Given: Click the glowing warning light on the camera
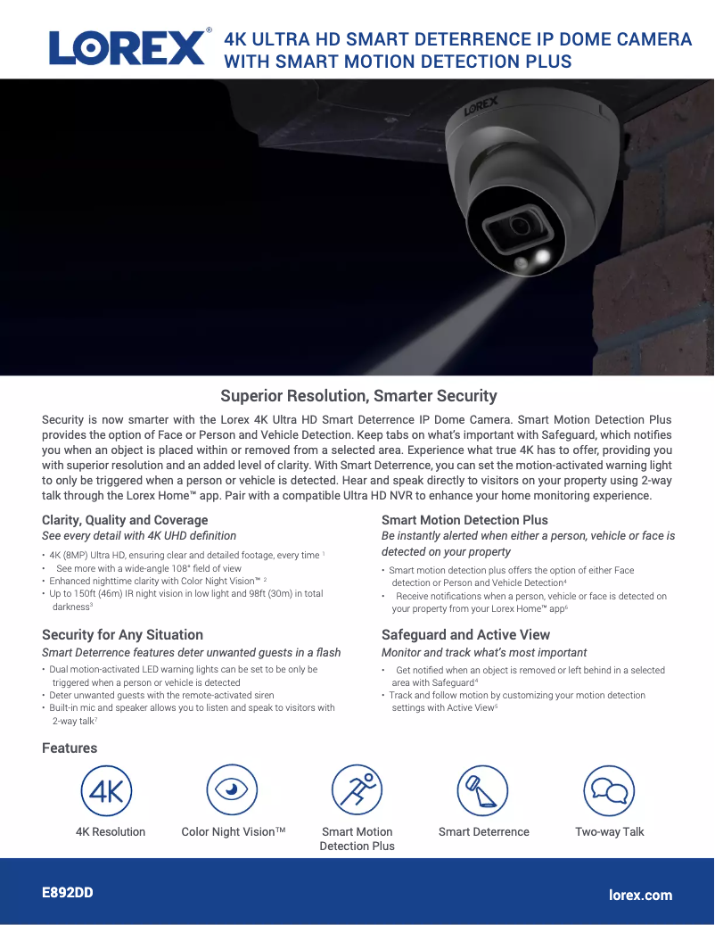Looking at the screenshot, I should [x=540, y=259].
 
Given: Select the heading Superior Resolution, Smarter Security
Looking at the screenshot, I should [x=358, y=396].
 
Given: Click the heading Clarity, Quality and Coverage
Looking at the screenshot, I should [x=125, y=520].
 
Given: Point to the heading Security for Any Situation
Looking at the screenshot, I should [x=122, y=635].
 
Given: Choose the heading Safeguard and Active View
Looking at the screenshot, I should [x=465, y=635].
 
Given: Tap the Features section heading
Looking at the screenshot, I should [x=70, y=748].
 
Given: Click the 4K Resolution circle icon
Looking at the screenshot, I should [x=107, y=790].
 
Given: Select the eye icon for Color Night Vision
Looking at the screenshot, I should [x=232, y=790].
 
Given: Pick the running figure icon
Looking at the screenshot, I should [x=357, y=790].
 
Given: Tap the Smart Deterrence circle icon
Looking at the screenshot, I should [x=482, y=790].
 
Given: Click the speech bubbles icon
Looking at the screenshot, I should [x=609, y=790].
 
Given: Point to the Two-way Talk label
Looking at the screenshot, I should [x=610, y=832].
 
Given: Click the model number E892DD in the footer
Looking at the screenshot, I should [x=68, y=893].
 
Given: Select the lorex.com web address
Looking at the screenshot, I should [x=640, y=895].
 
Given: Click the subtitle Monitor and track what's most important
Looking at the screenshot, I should [x=484, y=653].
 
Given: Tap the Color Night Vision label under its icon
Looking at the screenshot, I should [x=234, y=832].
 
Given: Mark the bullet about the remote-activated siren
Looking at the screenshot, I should [x=161, y=695].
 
